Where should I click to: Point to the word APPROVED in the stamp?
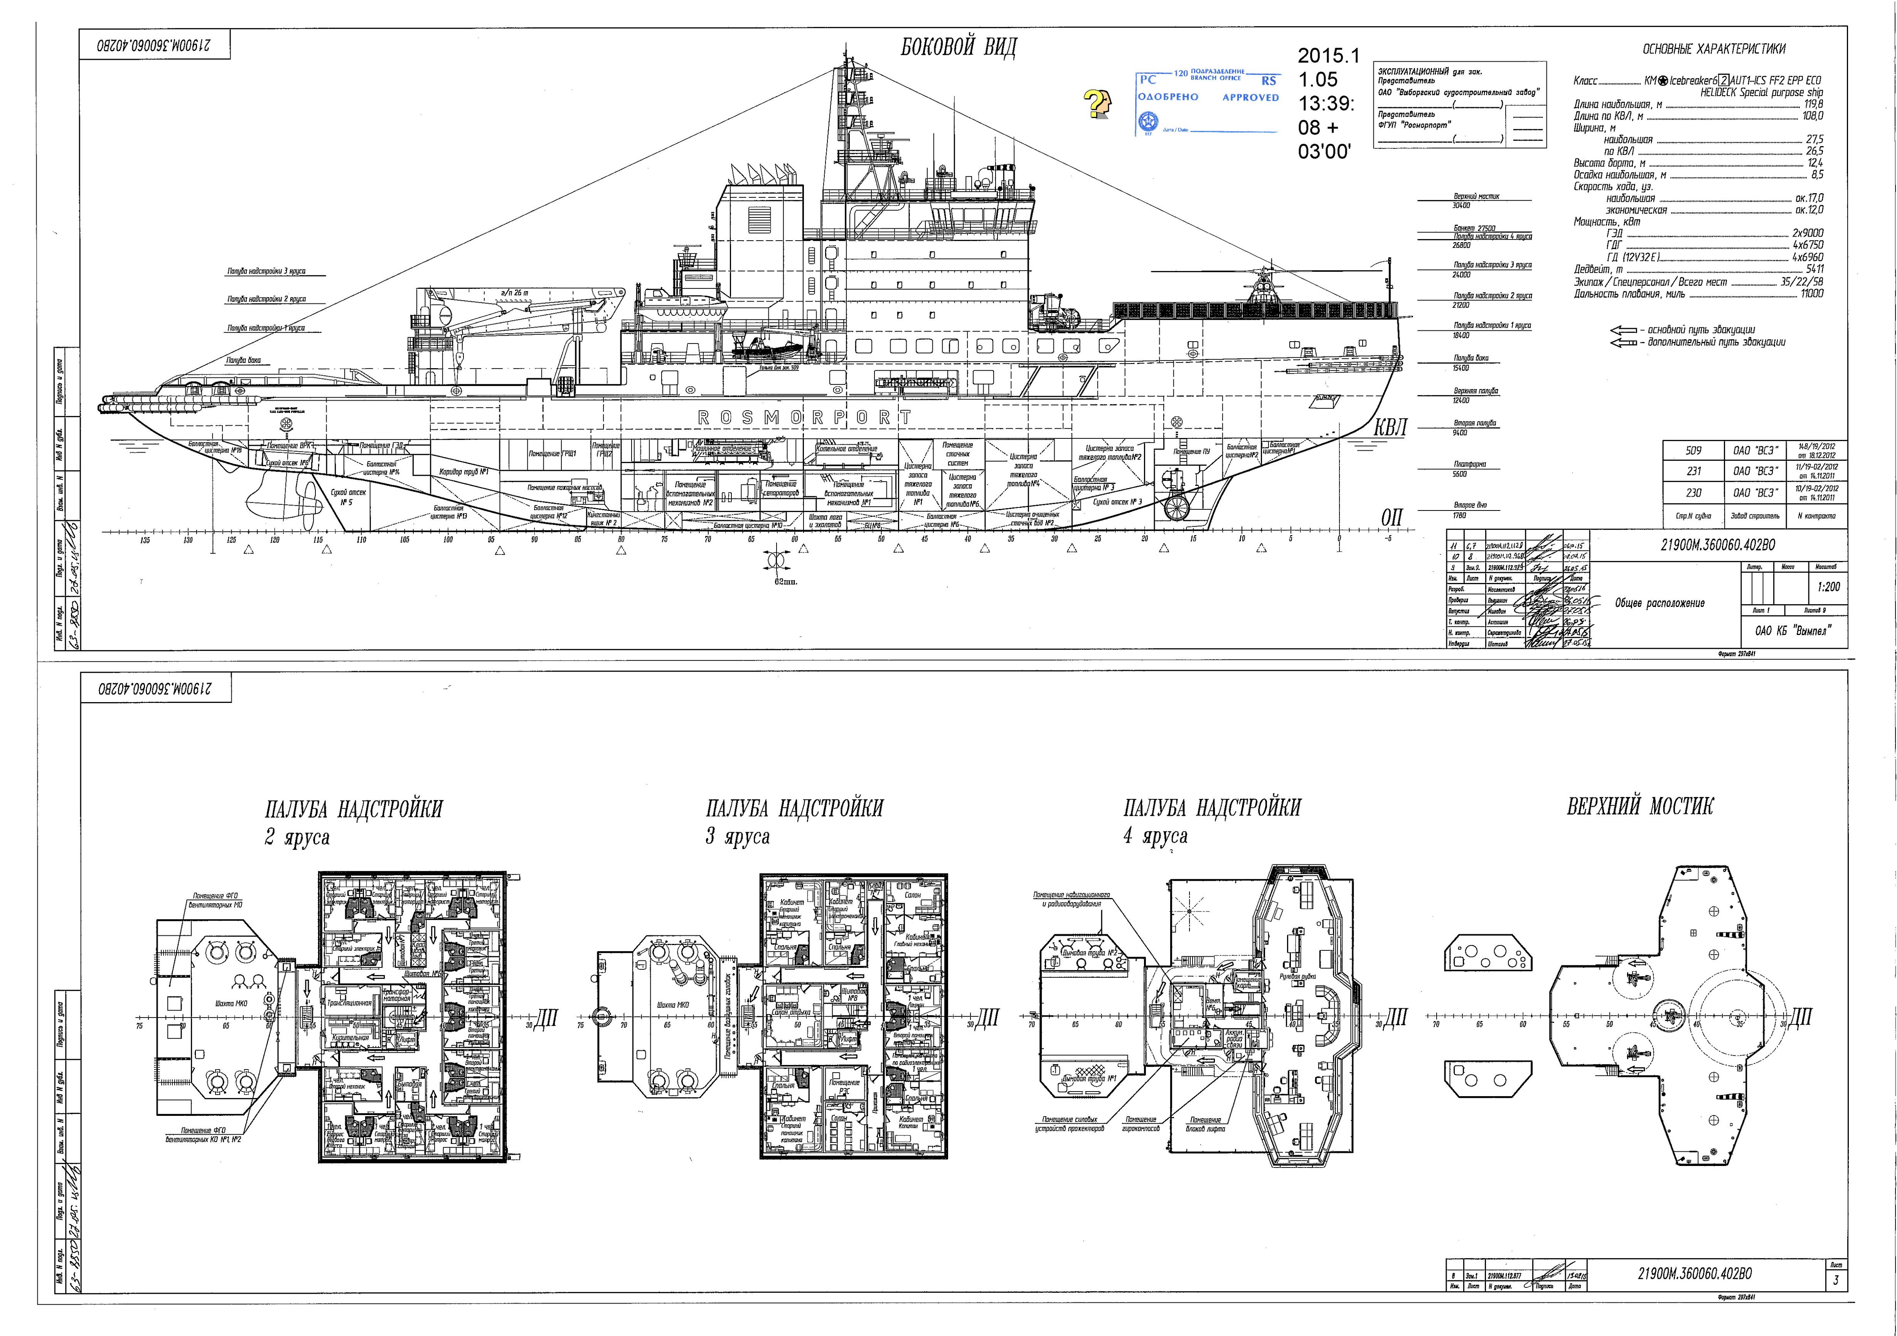click(1250, 98)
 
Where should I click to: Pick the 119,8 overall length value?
click(1814, 104)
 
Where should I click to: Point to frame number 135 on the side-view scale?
click(145, 540)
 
